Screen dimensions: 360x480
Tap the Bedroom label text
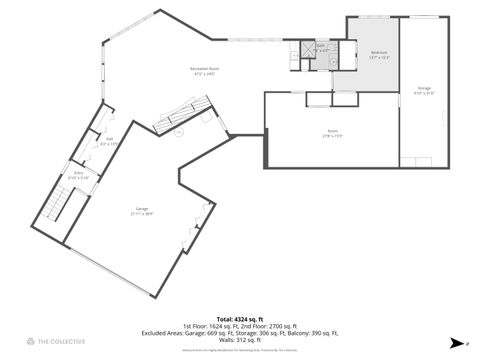[378, 52]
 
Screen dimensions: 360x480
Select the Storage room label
[424, 88]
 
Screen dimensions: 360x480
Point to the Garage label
[142, 209]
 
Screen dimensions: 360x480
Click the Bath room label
[321, 45]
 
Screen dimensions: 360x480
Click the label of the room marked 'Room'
[331, 132]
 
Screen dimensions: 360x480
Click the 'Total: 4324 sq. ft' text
[239, 319]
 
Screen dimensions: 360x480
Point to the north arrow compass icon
[455, 341]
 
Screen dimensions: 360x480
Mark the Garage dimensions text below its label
[142, 214]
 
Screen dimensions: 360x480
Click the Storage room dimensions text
[424, 93]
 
